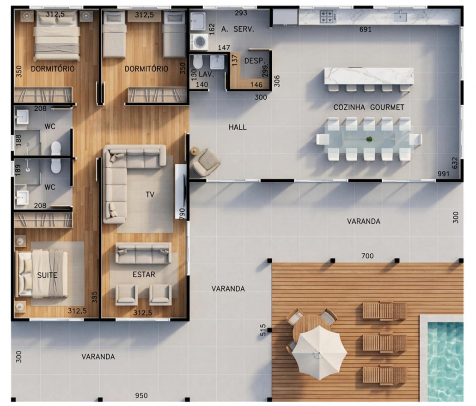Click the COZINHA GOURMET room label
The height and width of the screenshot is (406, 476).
368,107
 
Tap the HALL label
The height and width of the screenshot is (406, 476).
238,127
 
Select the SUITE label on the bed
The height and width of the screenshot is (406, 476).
47,275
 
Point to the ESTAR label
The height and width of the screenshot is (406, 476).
144,275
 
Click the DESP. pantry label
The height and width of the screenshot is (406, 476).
254,61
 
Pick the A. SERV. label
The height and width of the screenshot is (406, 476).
238,29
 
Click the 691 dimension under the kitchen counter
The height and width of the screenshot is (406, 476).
365,30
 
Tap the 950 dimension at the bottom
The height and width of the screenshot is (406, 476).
141,395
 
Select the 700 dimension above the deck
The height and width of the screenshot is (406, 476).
367,256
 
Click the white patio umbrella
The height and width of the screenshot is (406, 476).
319,352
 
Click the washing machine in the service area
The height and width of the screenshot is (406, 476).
200,42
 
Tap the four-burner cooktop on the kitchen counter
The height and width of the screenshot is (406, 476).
328,16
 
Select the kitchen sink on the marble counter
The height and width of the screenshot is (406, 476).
400,17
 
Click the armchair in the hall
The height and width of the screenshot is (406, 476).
206,162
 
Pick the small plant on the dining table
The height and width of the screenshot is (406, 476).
369,139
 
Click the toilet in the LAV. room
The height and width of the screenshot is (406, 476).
198,62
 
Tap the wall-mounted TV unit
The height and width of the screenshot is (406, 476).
181,191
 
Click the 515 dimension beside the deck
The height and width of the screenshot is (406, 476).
263,330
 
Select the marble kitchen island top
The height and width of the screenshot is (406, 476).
369,76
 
